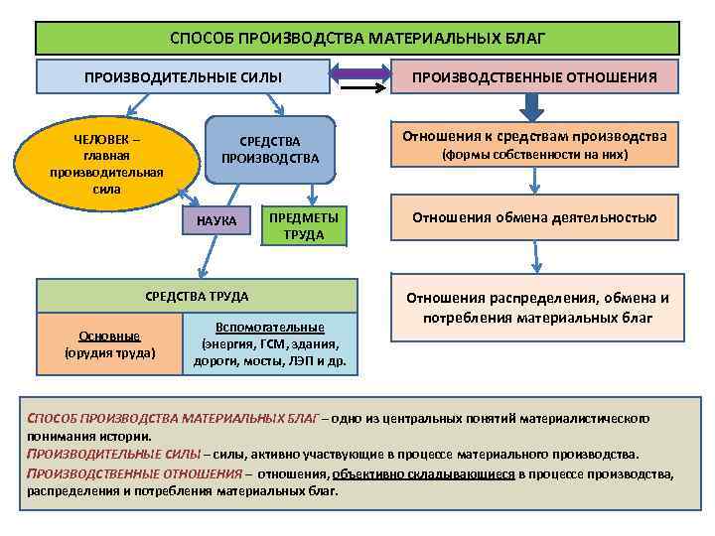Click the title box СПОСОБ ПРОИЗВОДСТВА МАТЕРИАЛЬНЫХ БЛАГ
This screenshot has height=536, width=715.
(x=357, y=39)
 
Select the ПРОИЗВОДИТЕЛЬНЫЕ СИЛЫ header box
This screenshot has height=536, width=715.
(x=183, y=76)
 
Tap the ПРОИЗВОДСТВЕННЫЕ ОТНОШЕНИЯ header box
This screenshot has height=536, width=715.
(x=534, y=76)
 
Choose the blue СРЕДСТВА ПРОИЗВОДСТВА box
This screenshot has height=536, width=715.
(x=269, y=149)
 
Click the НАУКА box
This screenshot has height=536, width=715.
(x=215, y=220)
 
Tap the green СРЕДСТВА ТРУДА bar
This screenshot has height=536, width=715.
(x=197, y=296)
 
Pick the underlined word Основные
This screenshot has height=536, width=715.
(x=109, y=335)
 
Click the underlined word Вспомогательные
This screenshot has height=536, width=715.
(x=269, y=328)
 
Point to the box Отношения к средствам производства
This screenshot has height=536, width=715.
(x=534, y=145)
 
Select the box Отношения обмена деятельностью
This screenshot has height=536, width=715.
(x=534, y=218)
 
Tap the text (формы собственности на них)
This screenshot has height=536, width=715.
(x=534, y=156)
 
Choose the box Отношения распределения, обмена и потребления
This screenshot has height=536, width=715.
(x=538, y=308)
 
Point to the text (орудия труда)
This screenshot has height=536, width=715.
(x=109, y=352)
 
